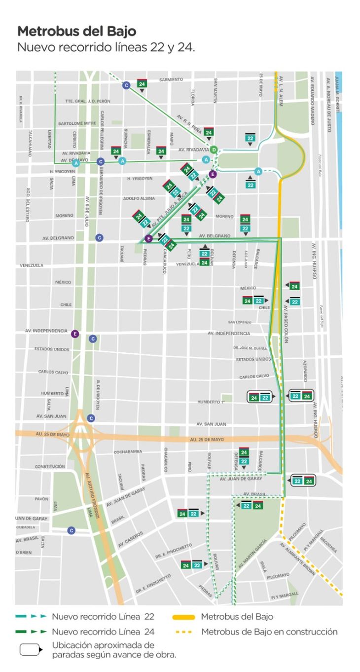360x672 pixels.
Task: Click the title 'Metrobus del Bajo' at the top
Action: tap(76, 32)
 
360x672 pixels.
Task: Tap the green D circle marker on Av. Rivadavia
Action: tap(214, 149)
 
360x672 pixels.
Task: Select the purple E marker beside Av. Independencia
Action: tap(75, 334)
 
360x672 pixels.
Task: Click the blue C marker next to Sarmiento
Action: tap(126, 85)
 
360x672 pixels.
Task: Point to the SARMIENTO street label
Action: tap(171, 79)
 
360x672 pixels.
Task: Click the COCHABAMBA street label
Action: tap(128, 451)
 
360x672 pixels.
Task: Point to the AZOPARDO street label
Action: tap(305, 371)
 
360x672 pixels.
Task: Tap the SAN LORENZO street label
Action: tap(240, 323)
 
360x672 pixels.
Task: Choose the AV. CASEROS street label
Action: tap(130, 539)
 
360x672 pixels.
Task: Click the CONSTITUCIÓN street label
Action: tap(50, 466)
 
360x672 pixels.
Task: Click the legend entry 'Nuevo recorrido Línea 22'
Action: tap(103, 617)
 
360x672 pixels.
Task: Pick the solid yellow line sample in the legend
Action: tap(184, 617)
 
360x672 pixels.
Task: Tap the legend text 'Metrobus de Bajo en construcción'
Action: tap(269, 632)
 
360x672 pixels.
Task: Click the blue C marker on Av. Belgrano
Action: tap(100, 238)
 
